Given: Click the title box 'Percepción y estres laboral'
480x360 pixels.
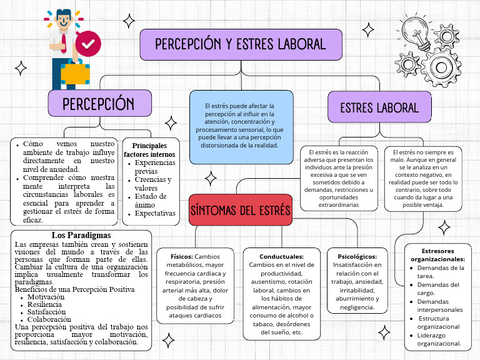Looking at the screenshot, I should pyautogui.click(x=241, y=44).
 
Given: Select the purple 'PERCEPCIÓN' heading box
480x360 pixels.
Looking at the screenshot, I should pyautogui.click(x=99, y=103).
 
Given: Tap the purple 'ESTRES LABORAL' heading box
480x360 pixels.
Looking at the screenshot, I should pyautogui.click(x=379, y=107).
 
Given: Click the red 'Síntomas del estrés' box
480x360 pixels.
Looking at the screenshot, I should pyautogui.click(x=241, y=210).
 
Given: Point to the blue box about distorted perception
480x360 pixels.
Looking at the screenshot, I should pyautogui.click(x=241, y=127).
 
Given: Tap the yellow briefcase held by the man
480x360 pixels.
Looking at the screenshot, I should pyautogui.click(x=74, y=73).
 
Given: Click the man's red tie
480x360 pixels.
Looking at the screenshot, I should pyautogui.click(x=64, y=41).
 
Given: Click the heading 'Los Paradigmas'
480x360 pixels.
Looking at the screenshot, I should pyautogui.click(x=81, y=235).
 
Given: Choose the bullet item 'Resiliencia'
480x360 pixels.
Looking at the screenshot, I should pyautogui.click(x=46, y=304).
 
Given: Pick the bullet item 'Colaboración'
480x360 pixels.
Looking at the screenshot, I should pyautogui.click(x=49, y=319).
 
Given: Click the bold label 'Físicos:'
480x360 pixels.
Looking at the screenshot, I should pyautogui.click(x=181, y=256).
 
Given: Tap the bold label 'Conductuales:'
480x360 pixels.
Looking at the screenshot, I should pyautogui.click(x=281, y=256).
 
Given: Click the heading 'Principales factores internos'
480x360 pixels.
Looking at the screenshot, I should pyautogui.click(x=149, y=149).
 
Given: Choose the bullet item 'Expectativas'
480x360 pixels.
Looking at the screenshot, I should pyautogui.click(x=155, y=213).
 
